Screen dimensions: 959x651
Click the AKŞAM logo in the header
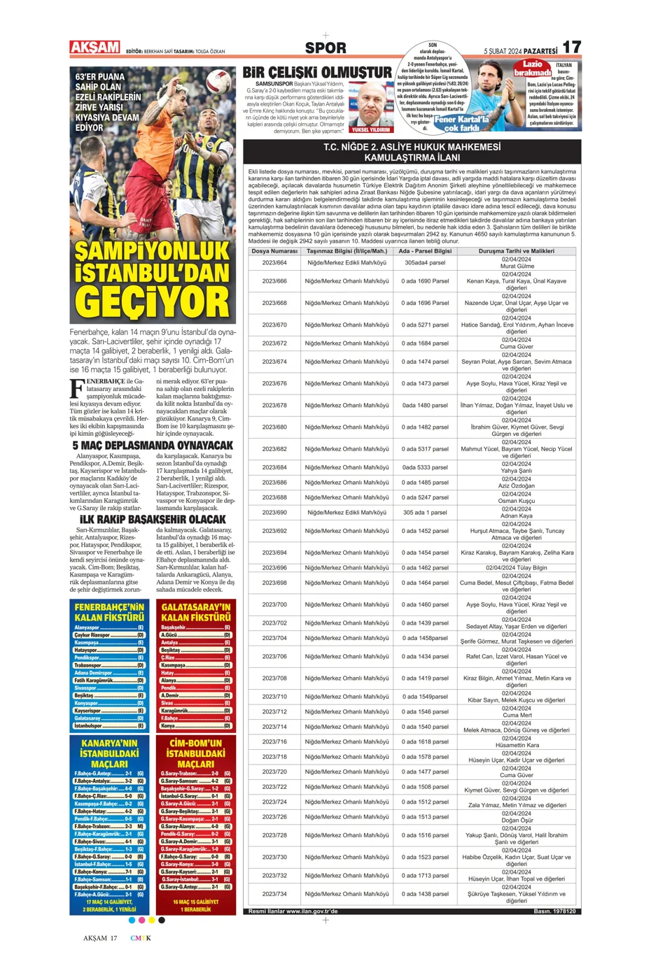click(x=95, y=48)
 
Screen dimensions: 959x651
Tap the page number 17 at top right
click(x=571, y=47)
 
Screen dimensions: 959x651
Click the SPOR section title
click(x=325, y=48)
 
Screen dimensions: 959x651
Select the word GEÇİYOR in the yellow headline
click(x=153, y=303)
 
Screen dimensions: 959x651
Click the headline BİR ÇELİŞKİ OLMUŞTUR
click(x=317, y=73)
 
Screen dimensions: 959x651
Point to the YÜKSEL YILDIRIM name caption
click(x=371, y=129)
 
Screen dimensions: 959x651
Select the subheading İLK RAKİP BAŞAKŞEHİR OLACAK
click(x=153, y=519)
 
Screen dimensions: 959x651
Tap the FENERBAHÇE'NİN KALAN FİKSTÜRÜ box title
click(x=110, y=612)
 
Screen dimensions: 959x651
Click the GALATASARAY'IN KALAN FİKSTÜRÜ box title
click(x=196, y=612)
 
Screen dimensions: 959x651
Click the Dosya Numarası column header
click(x=274, y=250)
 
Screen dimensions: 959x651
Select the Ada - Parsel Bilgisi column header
click(x=425, y=250)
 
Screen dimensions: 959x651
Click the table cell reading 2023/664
click(x=274, y=263)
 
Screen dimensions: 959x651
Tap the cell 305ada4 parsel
click(x=425, y=263)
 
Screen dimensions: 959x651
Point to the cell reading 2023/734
click(x=274, y=894)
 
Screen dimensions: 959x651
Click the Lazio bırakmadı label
click(x=533, y=68)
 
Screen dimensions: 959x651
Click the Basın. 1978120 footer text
click(x=554, y=911)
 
